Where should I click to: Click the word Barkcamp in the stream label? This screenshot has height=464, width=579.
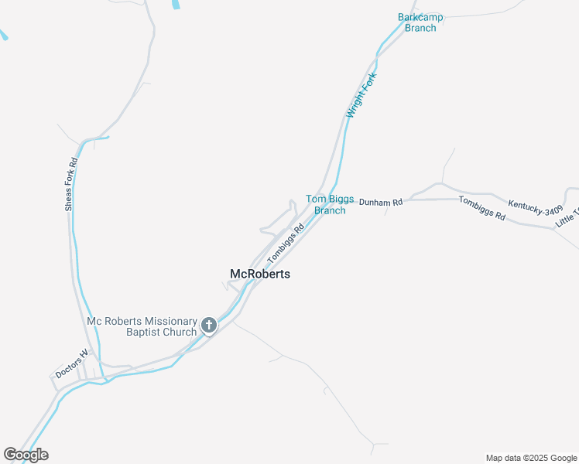tap(417, 17)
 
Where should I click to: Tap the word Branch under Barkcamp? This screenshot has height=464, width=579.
tap(420, 28)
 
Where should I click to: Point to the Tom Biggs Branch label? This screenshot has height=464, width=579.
tap(330, 204)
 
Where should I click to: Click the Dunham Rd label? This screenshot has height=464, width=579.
tap(381, 203)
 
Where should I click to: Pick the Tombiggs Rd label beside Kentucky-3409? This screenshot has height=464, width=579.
tap(481, 209)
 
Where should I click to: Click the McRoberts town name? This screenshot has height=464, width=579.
tap(260, 274)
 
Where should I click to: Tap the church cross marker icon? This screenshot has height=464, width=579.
tap(208, 326)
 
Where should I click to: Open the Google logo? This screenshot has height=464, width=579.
tap(26, 455)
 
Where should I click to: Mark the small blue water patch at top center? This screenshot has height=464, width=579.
tap(176, 4)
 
